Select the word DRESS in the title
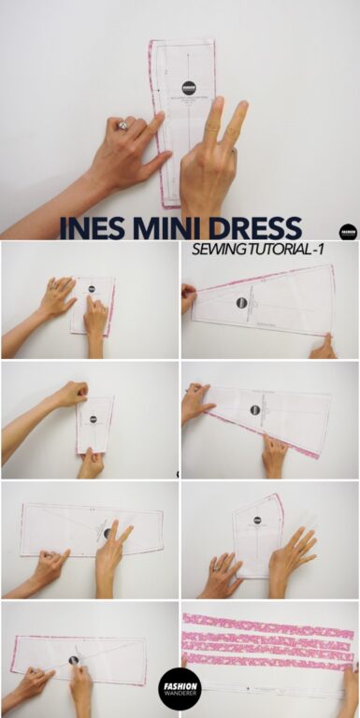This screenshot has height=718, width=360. pos(256,228)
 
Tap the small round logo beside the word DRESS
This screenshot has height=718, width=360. pos(348,231)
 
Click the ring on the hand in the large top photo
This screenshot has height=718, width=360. pos(122,123)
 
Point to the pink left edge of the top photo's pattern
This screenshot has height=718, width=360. pos(154,122)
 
